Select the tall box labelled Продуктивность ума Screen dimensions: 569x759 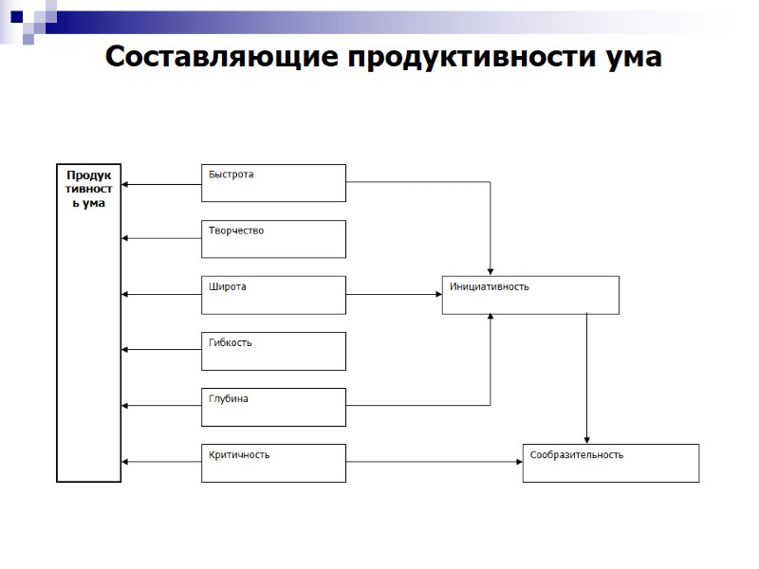pyautogui.click(x=89, y=322)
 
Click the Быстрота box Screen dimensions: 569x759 pyautogui.click(x=273, y=183)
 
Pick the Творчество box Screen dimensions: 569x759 pyautogui.click(x=273, y=239)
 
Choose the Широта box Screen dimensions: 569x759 pyautogui.click(x=273, y=295)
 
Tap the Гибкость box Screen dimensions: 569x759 pyautogui.click(x=273, y=351)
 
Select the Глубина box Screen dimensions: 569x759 pyautogui.click(x=273, y=407)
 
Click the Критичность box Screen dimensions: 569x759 pyautogui.click(x=273, y=463)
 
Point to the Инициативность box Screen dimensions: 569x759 pyautogui.click(x=530, y=295)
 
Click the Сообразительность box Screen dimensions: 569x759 pyautogui.click(x=610, y=463)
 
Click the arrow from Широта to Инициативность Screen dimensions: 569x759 pyautogui.click(x=394, y=295)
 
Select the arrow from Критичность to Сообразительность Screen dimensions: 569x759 pyautogui.click(x=434, y=463)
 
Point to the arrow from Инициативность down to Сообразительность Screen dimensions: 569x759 pyautogui.click(x=587, y=379)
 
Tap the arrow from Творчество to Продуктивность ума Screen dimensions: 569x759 pyautogui.click(x=161, y=239)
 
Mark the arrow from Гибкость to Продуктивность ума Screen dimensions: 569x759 pyautogui.click(x=161, y=351)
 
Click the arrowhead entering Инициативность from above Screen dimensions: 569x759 pyautogui.click(x=491, y=270)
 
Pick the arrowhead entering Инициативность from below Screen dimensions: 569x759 pyautogui.click(x=491, y=320)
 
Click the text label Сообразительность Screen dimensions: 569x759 pyautogui.click(x=577, y=455)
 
